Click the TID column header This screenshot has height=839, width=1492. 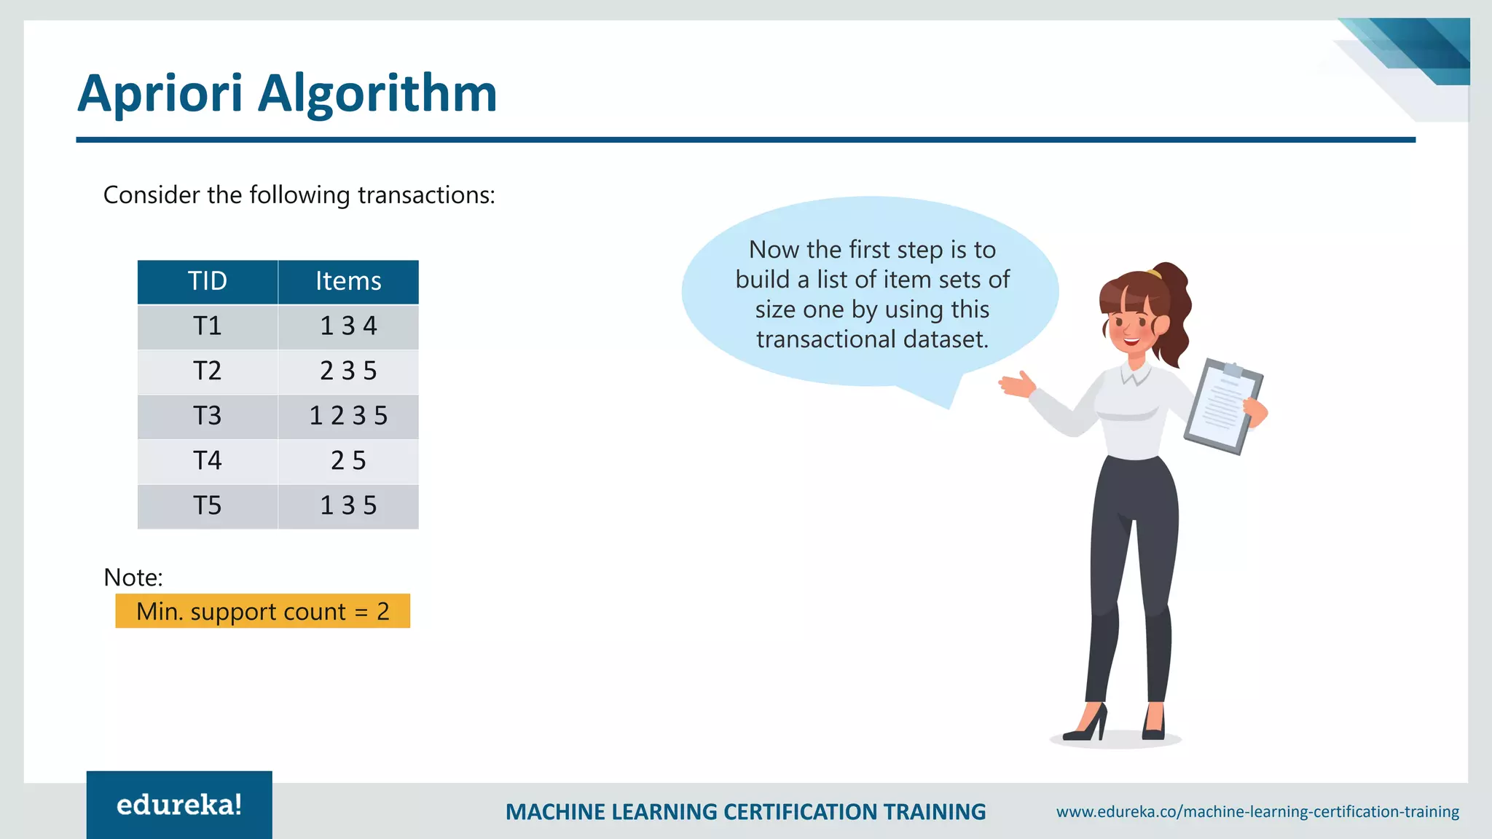tap(208, 282)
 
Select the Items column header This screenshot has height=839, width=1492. tap(348, 282)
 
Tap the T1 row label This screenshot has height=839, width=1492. tap(208, 326)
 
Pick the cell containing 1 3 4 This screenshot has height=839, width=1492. tap(348, 326)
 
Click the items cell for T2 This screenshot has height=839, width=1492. tap(348, 371)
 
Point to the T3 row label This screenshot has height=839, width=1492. tap(208, 416)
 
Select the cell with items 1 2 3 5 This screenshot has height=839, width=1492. tap(348, 416)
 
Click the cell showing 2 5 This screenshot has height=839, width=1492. tap(348, 461)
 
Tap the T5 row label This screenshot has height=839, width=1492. tap(208, 506)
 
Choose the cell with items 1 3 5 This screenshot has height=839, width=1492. tap(348, 506)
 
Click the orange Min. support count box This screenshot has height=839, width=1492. tap(262, 611)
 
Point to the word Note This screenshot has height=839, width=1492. tap(133, 578)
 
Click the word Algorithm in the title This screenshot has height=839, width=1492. tap(377, 94)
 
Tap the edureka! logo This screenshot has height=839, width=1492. tap(179, 805)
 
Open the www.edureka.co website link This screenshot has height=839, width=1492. tap(1257, 811)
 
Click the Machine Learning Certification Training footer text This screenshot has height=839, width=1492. tap(745, 812)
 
